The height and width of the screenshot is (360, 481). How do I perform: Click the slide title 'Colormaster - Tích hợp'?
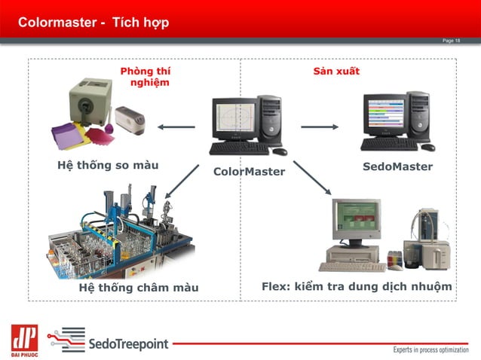pos(93,22)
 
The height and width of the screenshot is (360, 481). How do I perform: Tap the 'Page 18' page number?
pos(451,41)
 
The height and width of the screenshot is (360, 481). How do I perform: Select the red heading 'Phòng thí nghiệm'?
pos(146,77)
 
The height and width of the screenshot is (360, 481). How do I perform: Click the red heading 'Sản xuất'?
pos(336,72)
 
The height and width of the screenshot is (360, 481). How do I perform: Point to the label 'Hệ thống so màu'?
pos(108,165)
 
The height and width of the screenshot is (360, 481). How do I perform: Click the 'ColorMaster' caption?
pos(249,172)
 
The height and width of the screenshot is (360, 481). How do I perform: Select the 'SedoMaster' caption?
pos(397,166)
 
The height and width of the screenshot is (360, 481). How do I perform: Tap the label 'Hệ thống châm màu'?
pos(139,288)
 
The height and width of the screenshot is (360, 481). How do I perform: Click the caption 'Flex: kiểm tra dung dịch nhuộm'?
pos(357,287)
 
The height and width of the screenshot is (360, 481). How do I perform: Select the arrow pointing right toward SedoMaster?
pos(320,127)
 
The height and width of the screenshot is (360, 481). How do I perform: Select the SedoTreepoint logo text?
pos(128,345)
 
